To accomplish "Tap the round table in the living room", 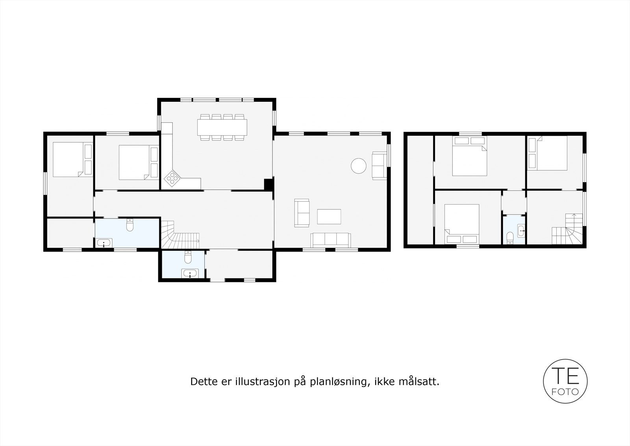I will [359, 166].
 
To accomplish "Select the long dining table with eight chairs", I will [222, 127].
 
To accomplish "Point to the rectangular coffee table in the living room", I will [329, 216].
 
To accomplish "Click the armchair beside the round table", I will [380, 166].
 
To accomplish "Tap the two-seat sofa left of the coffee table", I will [302, 213].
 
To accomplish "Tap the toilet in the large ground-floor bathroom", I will [130, 225].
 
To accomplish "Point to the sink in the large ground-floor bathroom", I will [104, 243].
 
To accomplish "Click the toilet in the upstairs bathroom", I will [510, 238].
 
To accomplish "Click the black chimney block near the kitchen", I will [268, 185].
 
